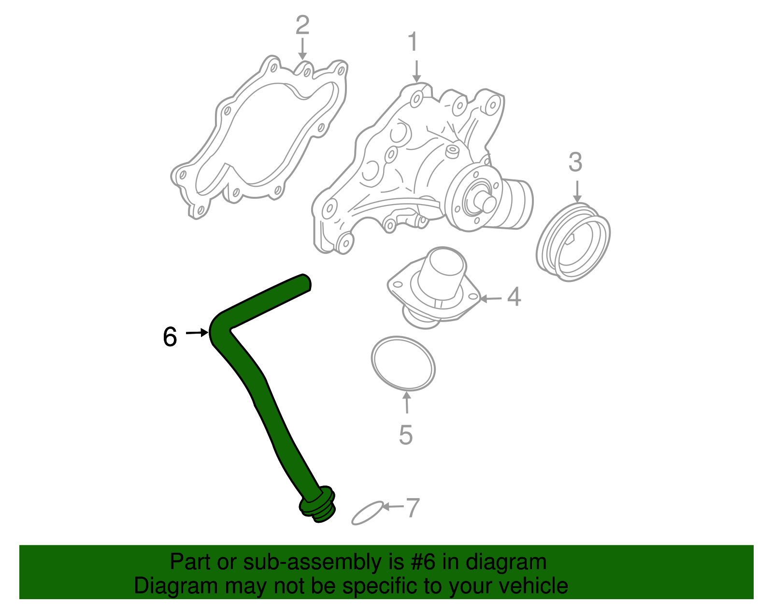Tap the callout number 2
302,25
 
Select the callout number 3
575,162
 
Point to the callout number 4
514,297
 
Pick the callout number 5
406,435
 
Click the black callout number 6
170,337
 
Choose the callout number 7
412,508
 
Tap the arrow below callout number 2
302,49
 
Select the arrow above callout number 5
407,402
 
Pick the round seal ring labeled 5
403,363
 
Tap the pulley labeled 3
573,242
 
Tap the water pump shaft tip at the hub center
487,203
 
